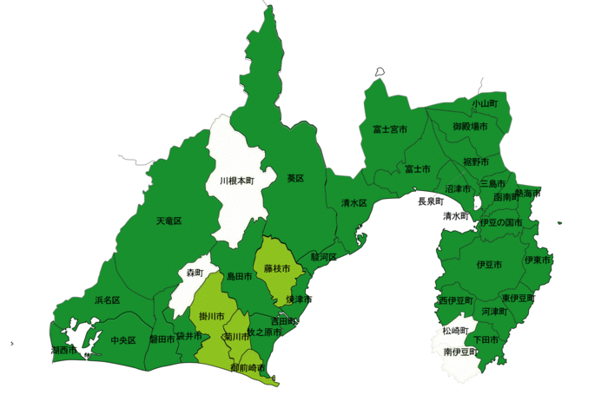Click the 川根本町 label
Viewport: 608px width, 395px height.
[236, 181]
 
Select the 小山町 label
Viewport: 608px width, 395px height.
[486, 103]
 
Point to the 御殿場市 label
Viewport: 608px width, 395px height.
[470, 127]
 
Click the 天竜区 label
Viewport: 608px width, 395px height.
[169, 221]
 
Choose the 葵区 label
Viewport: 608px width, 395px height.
[295, 178]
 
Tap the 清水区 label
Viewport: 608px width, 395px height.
[354, 203]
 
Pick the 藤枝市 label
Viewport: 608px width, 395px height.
[277, 269]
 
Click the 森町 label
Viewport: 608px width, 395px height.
[194, 273]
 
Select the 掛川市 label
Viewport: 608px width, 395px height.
[212, 315]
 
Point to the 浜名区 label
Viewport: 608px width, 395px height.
[107, 300]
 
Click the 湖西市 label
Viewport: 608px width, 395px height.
[63, 351]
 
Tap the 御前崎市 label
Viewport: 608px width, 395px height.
[248, 369]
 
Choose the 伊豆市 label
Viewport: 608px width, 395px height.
[489, 264]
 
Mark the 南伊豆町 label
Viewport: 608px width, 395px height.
[460, 352]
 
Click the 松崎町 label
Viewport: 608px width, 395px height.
[454, 332]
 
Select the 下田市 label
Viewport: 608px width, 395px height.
[486, 339]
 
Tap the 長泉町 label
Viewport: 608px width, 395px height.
[431, 201]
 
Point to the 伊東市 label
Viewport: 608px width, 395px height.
[538, 260]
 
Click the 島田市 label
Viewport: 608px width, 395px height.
[239, 276]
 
